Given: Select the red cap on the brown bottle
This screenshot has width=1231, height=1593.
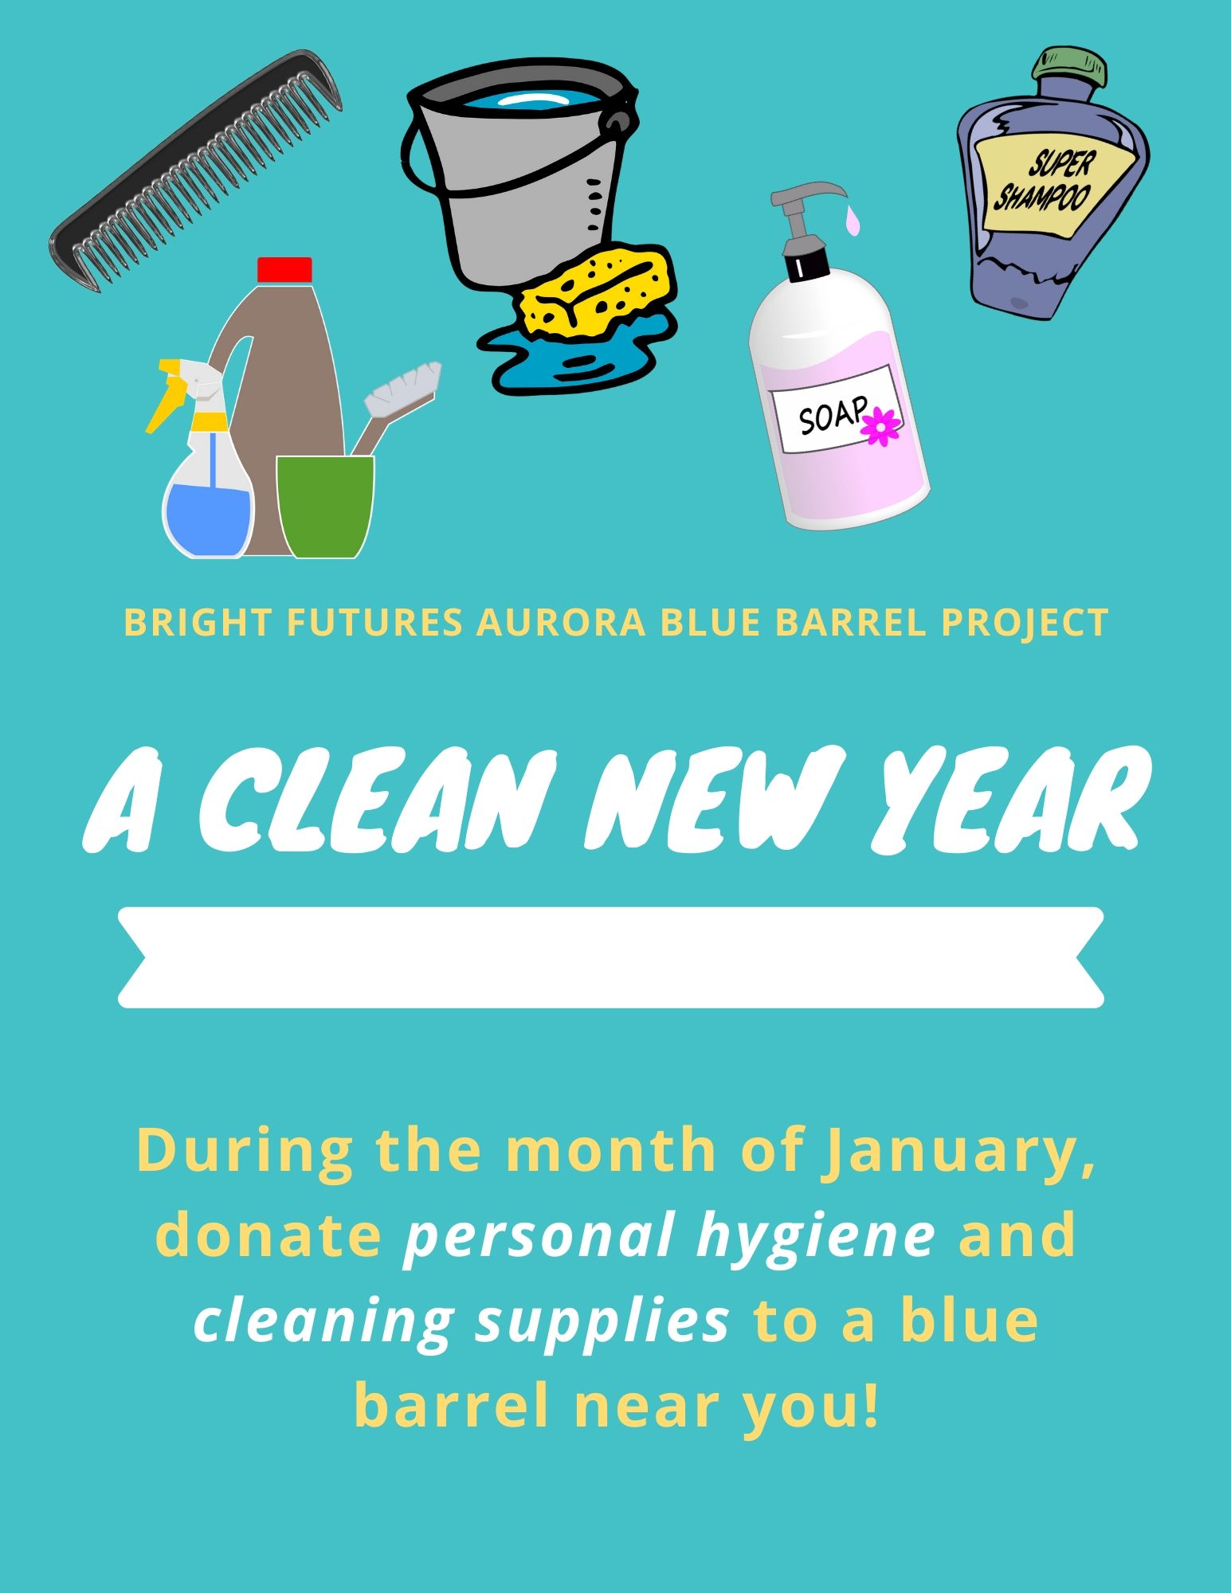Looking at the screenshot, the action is point(284,269).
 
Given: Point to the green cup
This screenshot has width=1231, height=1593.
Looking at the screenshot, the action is point(325,507).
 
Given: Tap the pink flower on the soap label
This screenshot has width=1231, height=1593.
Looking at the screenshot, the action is point(881,426).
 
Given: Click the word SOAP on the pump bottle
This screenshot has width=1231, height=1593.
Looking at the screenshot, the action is point(832,416).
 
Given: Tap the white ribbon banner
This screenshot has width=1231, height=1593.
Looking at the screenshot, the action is point(611,957).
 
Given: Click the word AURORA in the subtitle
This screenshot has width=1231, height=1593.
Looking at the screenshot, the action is point(560,623).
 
